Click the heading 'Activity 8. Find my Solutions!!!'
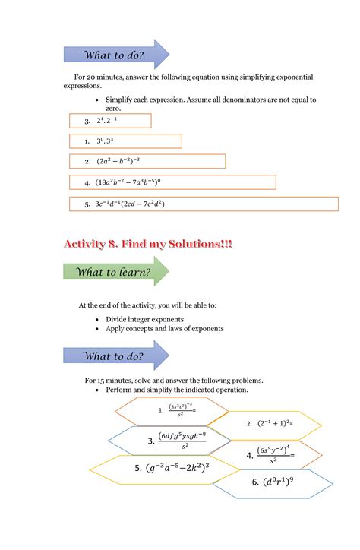pos(148,244)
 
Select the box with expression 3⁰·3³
pos(125,141)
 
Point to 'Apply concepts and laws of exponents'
pos(165,329)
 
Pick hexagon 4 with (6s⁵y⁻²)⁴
pos(270,455)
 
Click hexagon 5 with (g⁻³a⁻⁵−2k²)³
pos(172,469)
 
